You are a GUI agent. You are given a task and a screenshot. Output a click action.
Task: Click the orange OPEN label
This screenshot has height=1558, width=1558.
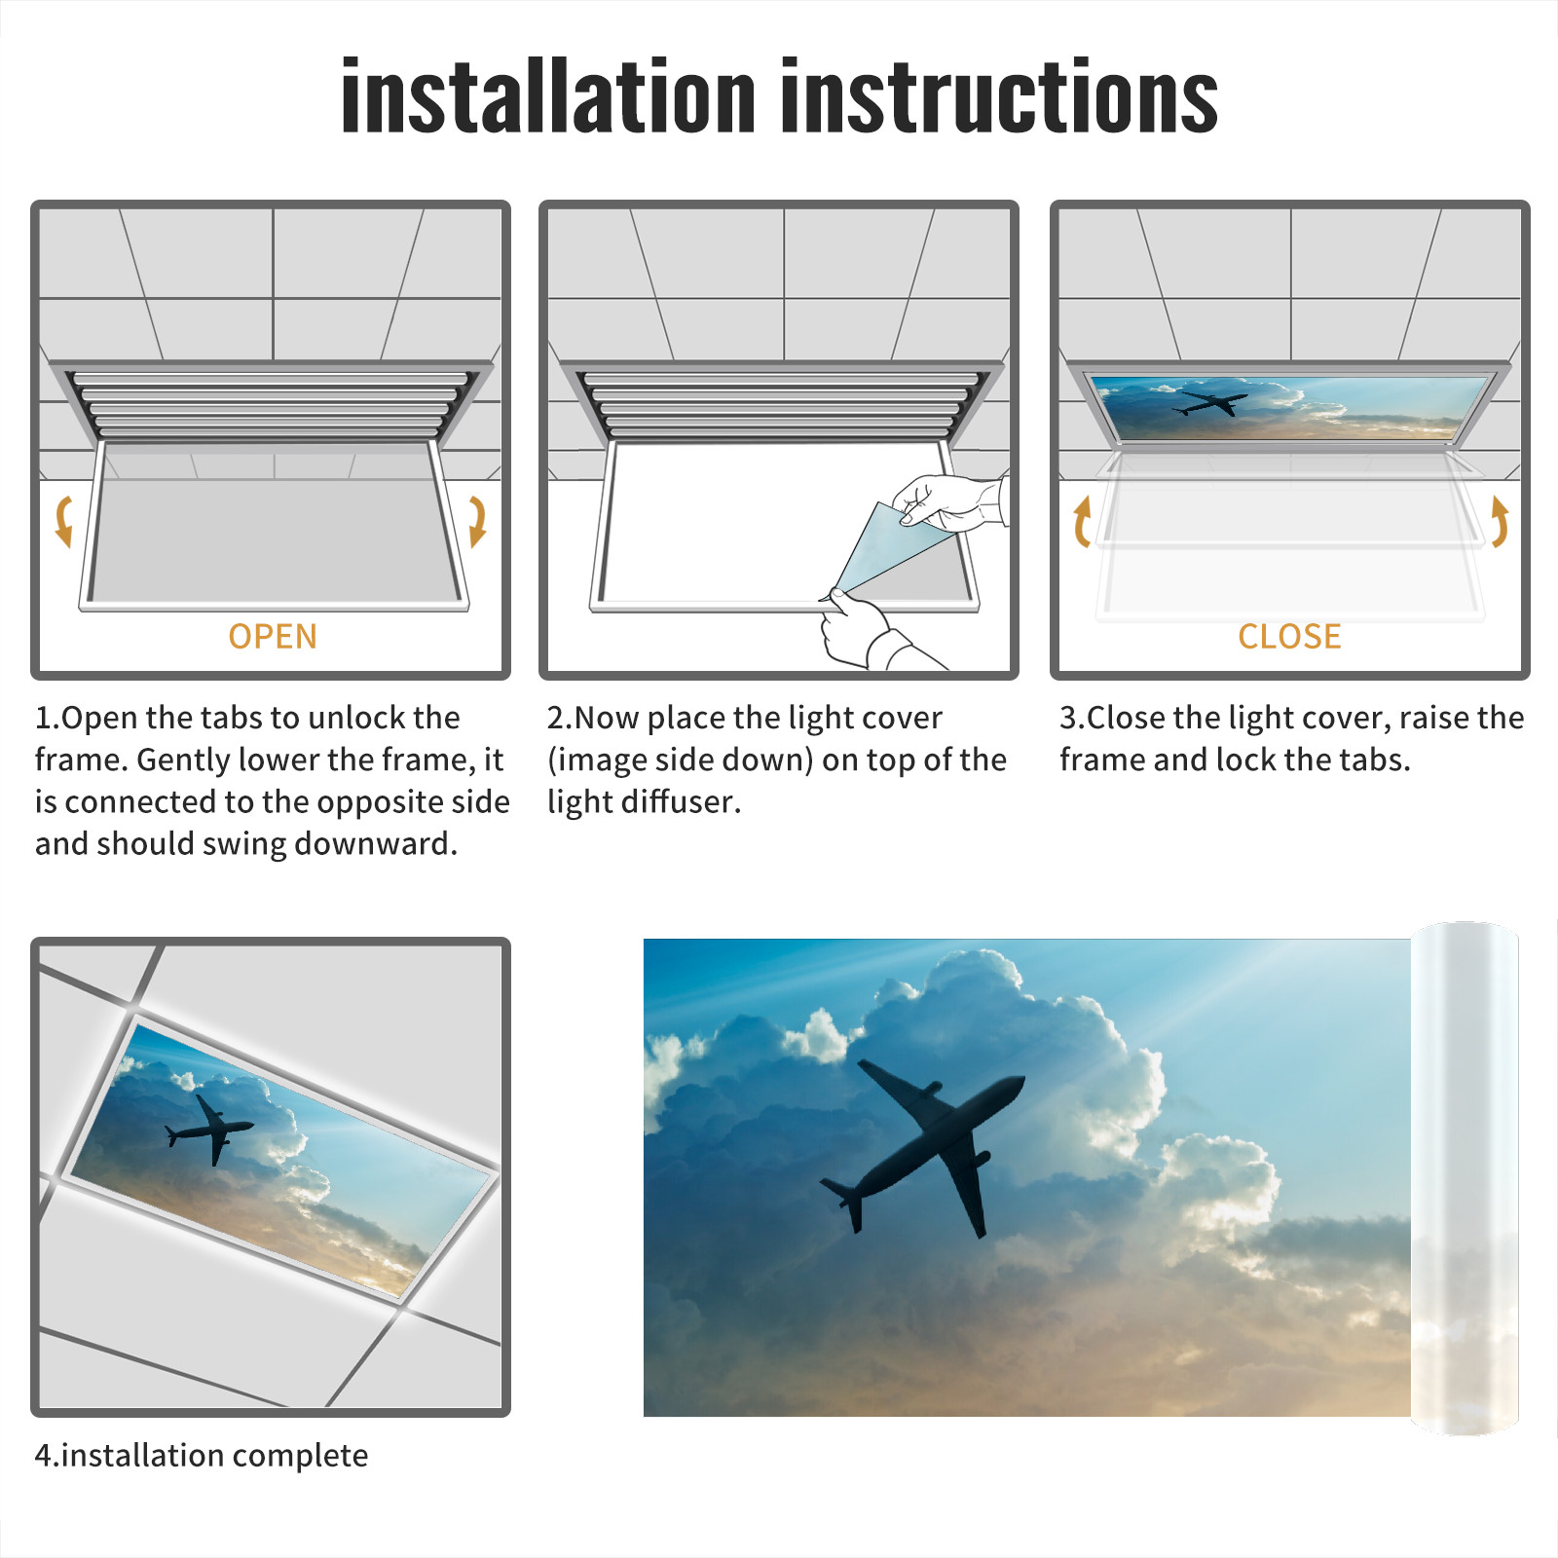tap(273, 637)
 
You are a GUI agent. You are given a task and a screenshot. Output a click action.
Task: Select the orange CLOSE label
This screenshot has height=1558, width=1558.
tap(1289, 637)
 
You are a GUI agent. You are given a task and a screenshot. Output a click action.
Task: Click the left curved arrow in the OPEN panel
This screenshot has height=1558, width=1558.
tap(63, 521)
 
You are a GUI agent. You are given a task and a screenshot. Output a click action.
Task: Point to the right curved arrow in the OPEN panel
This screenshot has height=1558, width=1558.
tap(477, 521)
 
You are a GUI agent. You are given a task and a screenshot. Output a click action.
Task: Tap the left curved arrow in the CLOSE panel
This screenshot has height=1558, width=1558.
tap(1081, 521)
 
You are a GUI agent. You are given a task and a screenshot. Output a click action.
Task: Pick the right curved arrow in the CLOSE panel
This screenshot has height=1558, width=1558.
tap(1500, 521)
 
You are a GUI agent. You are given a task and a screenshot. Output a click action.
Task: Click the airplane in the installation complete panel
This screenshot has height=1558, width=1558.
tap(209, 1130)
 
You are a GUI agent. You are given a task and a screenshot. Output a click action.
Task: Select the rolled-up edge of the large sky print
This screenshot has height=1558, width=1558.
tap(1465, 1178)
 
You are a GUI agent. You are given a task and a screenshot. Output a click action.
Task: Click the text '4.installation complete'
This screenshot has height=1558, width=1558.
tap(202, 1456)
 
